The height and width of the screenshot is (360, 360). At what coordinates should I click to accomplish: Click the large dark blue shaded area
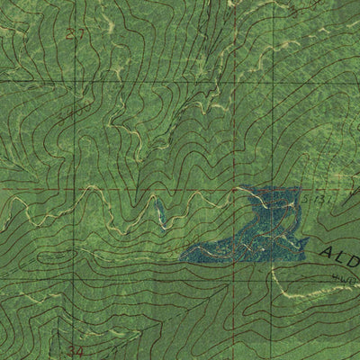247,229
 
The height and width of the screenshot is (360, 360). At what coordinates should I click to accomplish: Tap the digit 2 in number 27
70,33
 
